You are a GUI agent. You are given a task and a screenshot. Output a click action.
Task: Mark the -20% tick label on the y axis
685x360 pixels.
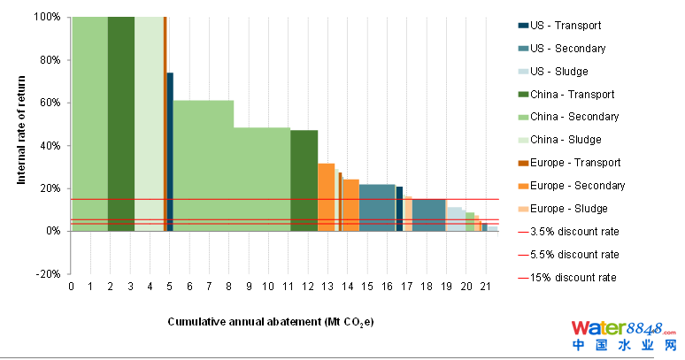tap(47, 273)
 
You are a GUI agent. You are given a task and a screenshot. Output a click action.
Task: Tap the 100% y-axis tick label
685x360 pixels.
tap(45, 17)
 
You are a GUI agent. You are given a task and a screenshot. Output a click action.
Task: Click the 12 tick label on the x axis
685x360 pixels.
tap(309, 287)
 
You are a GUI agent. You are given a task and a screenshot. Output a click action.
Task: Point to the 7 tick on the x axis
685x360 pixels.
tap(210, 287)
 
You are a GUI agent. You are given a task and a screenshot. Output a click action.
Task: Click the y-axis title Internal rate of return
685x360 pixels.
tap(20, 124)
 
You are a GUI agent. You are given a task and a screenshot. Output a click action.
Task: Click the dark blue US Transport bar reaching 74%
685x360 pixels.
tap(170, 150)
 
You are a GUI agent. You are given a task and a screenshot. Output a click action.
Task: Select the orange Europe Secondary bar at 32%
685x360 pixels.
tap(326, 196)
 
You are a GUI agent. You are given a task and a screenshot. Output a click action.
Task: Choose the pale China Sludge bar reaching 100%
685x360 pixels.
tap(149, 124)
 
